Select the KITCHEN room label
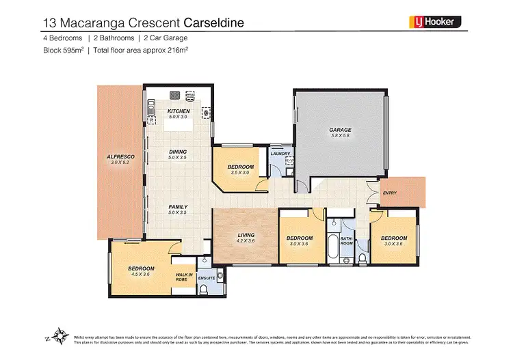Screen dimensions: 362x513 pos(179,111)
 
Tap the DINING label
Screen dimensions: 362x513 pos(178,152)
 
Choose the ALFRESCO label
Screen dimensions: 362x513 pos(120,157)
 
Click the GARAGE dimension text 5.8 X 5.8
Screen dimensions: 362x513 pos(340,136)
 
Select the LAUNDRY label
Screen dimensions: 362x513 pos(280,154)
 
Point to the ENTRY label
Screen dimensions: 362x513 pos(390,193)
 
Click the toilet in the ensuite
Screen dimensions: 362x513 pos(205,292)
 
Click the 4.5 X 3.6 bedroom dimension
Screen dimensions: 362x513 pos(141,275)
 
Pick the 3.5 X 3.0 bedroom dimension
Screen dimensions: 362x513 pos(241,173)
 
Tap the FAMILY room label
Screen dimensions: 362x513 pos(178,207)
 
